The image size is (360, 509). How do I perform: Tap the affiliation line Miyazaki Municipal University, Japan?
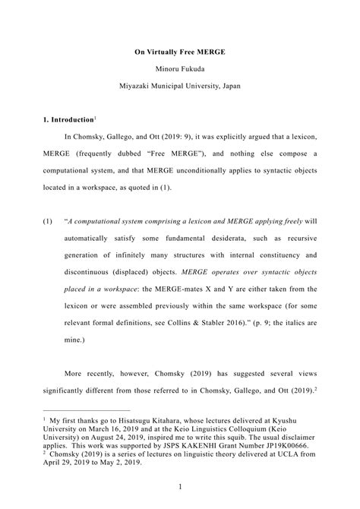(x=180, y=86)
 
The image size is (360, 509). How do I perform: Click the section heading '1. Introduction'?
(x=68, y=120)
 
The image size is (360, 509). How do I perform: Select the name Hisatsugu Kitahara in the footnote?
(x=141, y=417)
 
